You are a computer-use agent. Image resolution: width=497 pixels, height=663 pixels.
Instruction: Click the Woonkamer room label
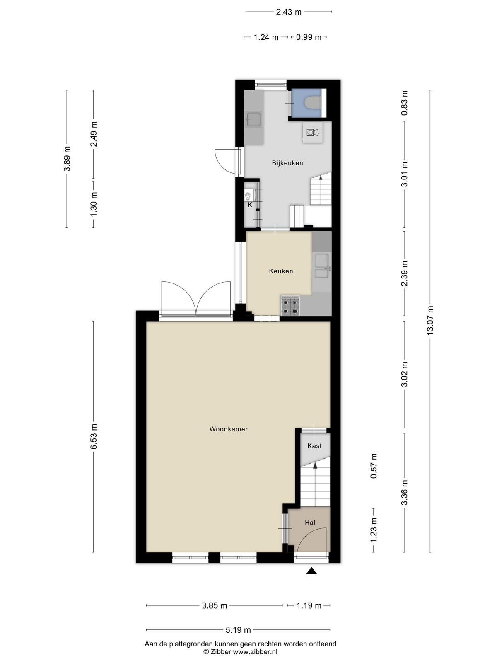(x=229, y=429)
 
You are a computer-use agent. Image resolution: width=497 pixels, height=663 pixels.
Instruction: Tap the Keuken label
(x=281, y=271)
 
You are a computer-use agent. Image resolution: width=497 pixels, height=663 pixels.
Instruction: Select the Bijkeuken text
(x=287, y=163)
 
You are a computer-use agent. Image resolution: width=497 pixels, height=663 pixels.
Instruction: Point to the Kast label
(x=314, y=445)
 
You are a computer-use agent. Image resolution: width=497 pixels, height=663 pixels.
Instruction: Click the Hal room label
(x=310, y=523)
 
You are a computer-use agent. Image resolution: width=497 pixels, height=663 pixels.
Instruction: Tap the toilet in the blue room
(x=312, y=103)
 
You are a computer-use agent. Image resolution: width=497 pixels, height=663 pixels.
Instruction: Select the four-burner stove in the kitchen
(x=291, y=306)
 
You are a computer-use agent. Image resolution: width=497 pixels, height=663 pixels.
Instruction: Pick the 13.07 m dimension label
(x=430, y=320)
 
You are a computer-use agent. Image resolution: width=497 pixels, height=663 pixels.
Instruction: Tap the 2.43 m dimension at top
(x=289, y=12)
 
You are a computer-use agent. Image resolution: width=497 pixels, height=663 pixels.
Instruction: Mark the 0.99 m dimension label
(x=309, y=37)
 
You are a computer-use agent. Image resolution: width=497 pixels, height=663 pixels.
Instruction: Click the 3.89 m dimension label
(x=67, y=159)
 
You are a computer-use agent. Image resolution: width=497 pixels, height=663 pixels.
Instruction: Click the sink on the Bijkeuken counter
(x=254, y=119)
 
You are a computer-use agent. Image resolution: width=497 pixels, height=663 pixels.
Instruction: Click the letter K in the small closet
(x=250, y=204)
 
